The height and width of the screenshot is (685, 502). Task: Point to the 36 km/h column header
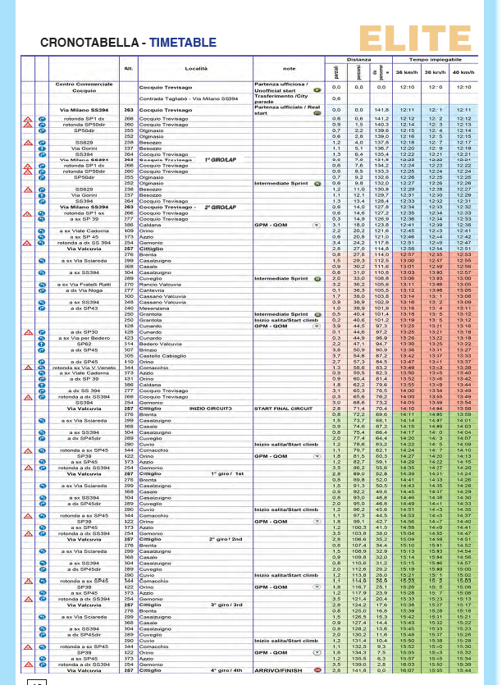(x=404, y=72)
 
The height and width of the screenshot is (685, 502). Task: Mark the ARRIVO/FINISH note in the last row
(x=280, y=669)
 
